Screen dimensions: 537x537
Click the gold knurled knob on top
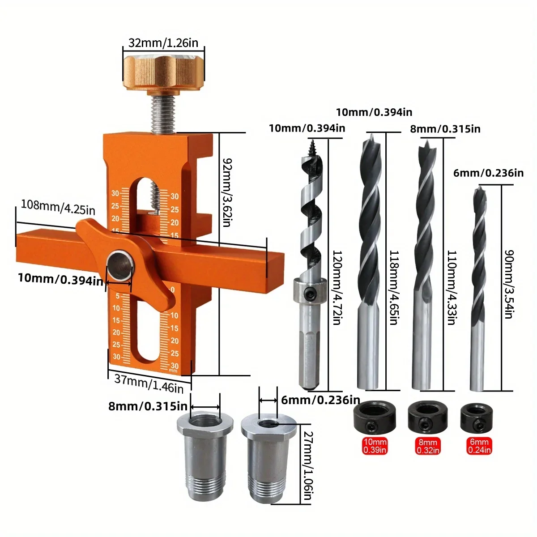click(x=163, y=72)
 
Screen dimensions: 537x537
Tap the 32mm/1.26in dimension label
click(x=163, y=43)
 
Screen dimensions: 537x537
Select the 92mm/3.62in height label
click(x=226, y=192)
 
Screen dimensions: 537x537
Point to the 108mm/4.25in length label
click(x=58, y=207)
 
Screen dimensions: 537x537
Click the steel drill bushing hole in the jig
click(x=119, y=264)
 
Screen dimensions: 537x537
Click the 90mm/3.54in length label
click(x=508, y=284)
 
